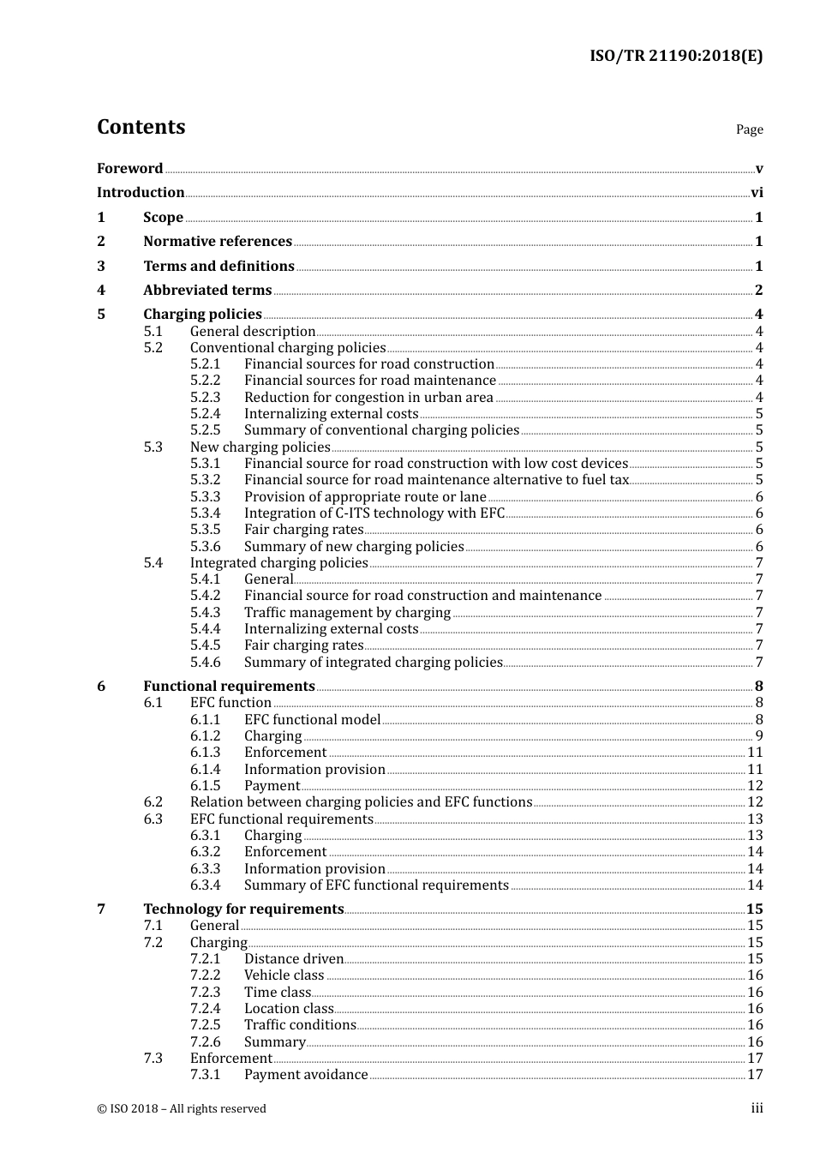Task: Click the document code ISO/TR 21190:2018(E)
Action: pos(675,57)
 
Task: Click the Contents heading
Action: pos(141,127)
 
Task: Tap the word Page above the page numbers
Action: pos(749,129)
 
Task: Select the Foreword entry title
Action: pos(129,169)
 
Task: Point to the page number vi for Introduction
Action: pos(757,193)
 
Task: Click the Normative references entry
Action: pos(217,242)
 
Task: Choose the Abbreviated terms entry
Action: pos(206,291)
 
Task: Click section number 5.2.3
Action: pos(205,398)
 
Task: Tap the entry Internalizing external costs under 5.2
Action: pos(331,414)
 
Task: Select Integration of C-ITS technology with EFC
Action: pos(374,513)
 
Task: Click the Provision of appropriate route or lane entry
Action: pos(365,497)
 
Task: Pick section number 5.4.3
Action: pos(205,613)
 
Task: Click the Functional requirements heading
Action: pos(229,687)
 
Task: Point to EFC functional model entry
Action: pos(312,720)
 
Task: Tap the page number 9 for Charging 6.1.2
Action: pos(758,736)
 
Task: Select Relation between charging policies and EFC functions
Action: pos(361,802)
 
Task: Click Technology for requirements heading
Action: pos(243,909)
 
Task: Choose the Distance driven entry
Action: pos(293,959)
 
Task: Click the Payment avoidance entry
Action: pos(305,1075)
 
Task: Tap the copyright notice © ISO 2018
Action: pos(181,1109)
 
